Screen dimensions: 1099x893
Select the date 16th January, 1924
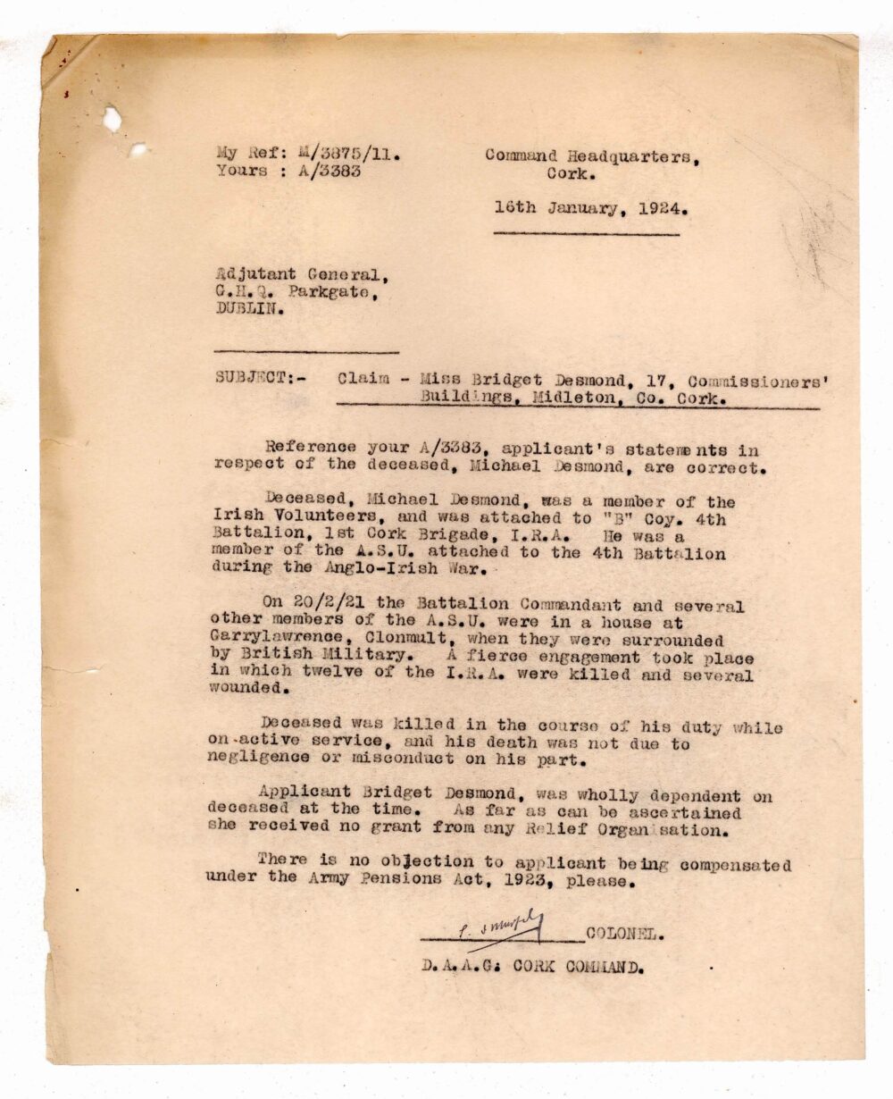pos(590,209)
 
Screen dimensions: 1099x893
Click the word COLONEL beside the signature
pos(624,935)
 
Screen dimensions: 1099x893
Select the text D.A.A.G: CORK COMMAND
pos(533,966)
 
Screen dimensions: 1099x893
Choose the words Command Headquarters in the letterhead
pos(592,155)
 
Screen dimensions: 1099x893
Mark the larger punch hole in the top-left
pos(113,118)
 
